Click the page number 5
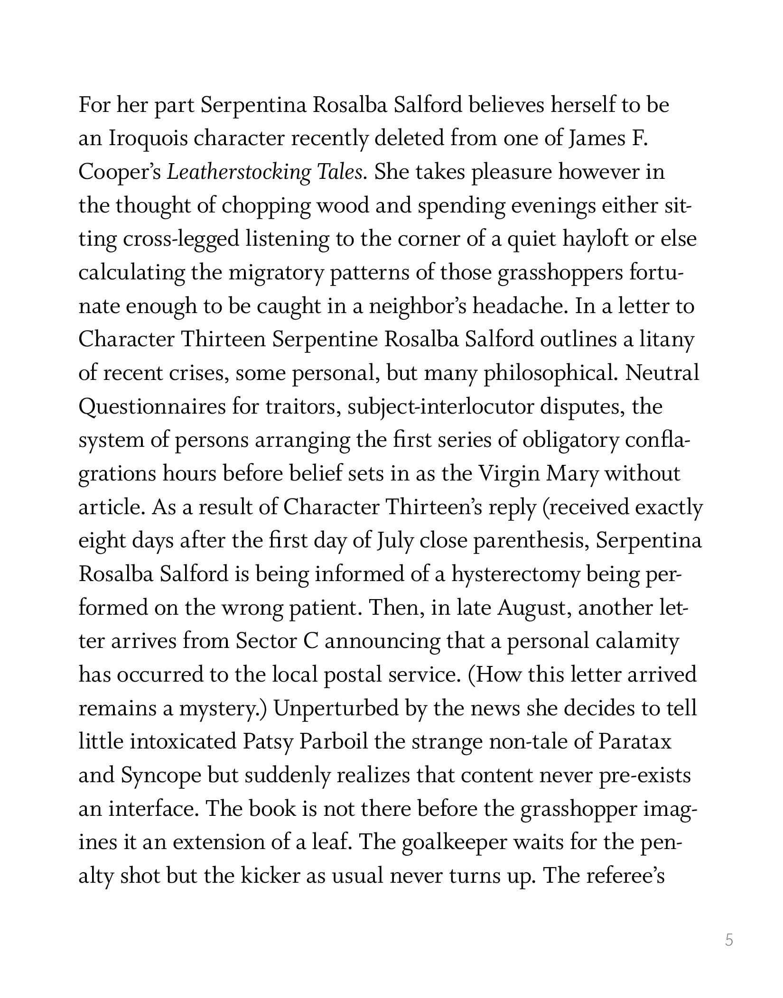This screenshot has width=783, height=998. click(x=729, y=940)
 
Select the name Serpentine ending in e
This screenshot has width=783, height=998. click(x=325, y=340)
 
